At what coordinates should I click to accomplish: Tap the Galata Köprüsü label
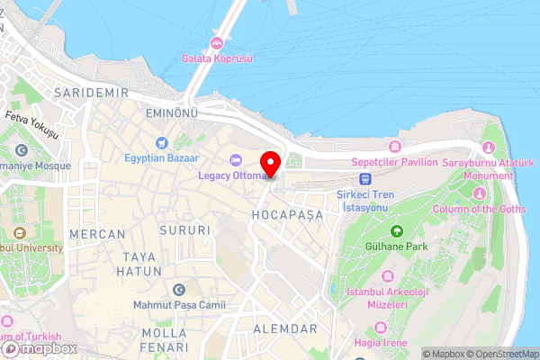click(x=216, y=58)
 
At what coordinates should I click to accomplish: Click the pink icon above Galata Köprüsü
click(x=216, y=43)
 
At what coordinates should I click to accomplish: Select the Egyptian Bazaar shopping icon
click(x=162, y=142)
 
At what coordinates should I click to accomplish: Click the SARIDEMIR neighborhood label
click(x=92, y=93)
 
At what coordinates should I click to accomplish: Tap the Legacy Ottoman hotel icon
click(x=236, y=160)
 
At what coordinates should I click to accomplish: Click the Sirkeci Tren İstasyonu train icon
click(x=365, y=178)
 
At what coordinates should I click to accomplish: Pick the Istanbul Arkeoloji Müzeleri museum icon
click(x=387, y=276)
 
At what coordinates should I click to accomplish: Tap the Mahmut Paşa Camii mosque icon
click(x=178, y=291)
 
